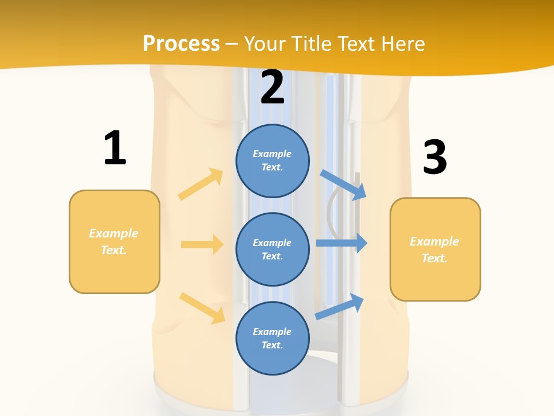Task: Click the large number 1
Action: coord(115,148)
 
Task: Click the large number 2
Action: coord(272,87)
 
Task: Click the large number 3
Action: coord(435,157)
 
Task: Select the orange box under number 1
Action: coord(114,242)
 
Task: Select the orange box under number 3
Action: coord(435,249)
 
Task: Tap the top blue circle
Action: coord(272,161)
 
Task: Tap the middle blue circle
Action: coord(272,249)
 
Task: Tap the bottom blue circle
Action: coord(272,338)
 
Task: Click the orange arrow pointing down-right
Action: coord(202,308)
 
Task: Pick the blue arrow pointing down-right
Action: coord(343,185)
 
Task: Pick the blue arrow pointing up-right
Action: coord(339,306)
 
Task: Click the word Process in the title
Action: coord(181,43)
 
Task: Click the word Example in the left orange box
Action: coord(114,233)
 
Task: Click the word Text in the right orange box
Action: coord(434,258)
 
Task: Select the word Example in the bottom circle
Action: coord(272,332)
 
